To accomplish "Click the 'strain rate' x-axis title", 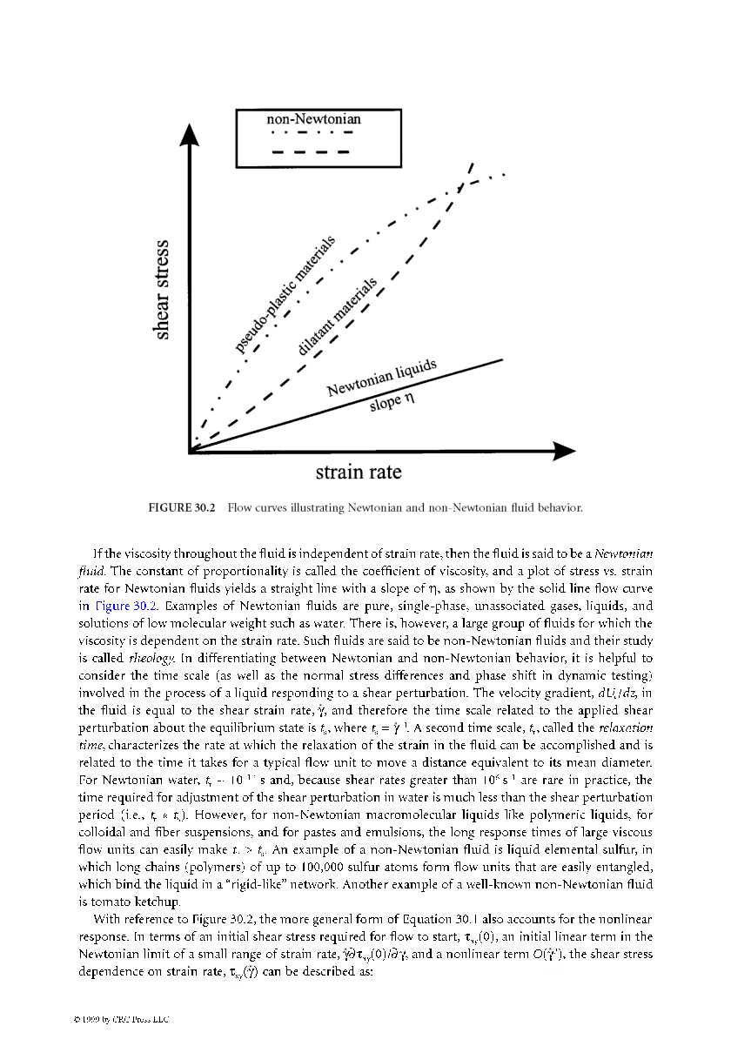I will pyautogui.click(x=359, y=472).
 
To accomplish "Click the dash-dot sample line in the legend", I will pyautogui.click(x=311, y=133).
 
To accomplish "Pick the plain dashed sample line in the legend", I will pyautogui.click(x=311, y=151).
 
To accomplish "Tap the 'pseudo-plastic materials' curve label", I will pyautogui.click(x=286, y=296).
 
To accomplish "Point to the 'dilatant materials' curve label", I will pyautogui.click(x=338, y=318).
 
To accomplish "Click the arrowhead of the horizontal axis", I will pyautogui.click(x=564, y=451).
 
